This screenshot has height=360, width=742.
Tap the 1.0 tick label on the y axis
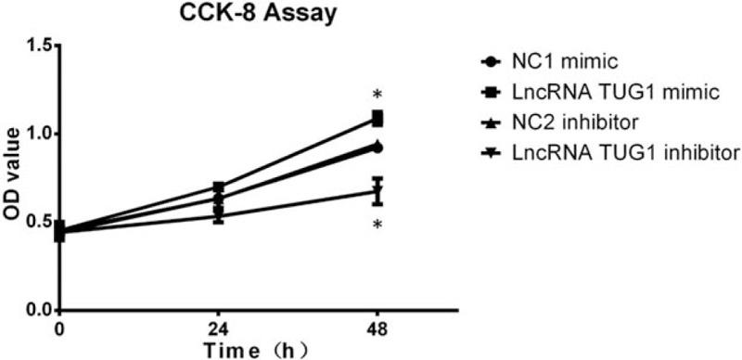36,134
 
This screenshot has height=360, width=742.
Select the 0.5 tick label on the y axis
36,222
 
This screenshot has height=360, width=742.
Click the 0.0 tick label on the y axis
36,310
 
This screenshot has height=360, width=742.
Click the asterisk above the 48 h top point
377,96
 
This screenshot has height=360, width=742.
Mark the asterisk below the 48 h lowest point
377,225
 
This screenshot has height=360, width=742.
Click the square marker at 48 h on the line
377,119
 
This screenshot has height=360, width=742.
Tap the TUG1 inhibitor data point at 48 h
377,192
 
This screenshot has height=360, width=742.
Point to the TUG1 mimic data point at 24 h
218,187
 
